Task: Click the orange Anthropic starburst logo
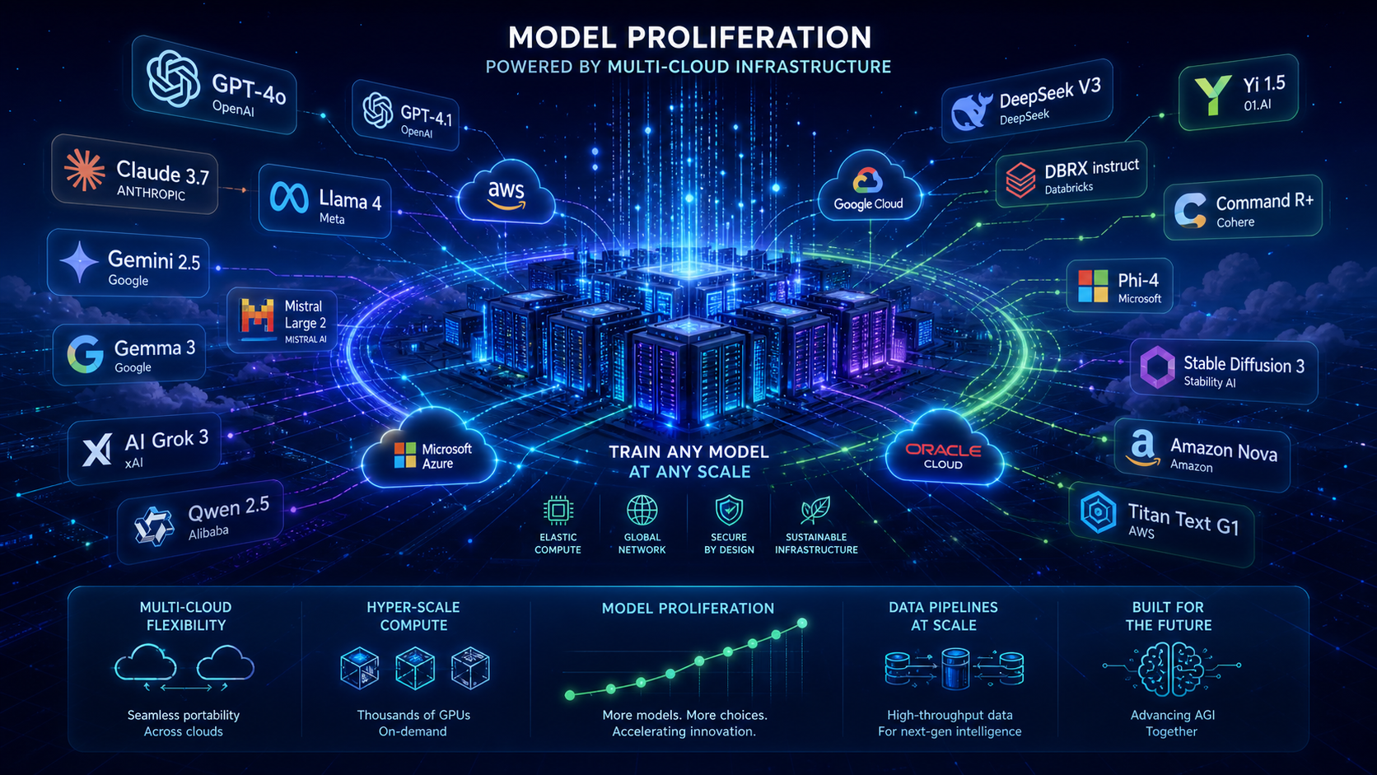(84, 170)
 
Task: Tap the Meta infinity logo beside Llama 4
(289, 198)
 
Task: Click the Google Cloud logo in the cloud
(867, 180)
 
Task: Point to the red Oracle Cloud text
(943, 450)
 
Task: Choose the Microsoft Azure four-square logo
(404, 455)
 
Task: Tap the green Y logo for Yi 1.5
(1212, 95)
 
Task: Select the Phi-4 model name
(1138, 280)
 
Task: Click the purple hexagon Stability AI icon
(1158, 367)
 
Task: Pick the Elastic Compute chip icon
(558, 510)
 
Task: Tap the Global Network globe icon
(642, 510)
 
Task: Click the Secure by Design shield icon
(729, 510)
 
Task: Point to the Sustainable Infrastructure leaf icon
(816, 510)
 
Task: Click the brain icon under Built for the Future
(1171, 669)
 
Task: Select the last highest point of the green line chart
(801, 623)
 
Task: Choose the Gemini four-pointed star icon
(79, 262)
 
